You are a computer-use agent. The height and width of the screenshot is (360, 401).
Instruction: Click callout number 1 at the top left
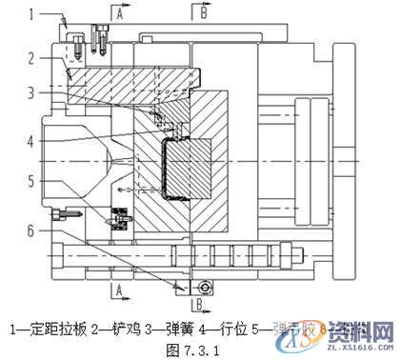click(30, 14)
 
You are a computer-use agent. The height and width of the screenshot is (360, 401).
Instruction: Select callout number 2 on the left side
click(30, 58)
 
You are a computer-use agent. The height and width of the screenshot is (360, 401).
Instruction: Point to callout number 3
click(30, 92)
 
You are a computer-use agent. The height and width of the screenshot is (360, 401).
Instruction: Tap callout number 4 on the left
click(30, 141)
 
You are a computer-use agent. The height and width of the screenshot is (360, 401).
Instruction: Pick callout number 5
click(30, 179)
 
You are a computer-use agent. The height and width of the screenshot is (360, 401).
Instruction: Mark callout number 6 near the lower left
click(30, 229)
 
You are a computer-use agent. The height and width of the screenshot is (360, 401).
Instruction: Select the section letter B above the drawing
click(203, 12)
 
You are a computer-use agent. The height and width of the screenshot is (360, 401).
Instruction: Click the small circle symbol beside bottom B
click(203, 287)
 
